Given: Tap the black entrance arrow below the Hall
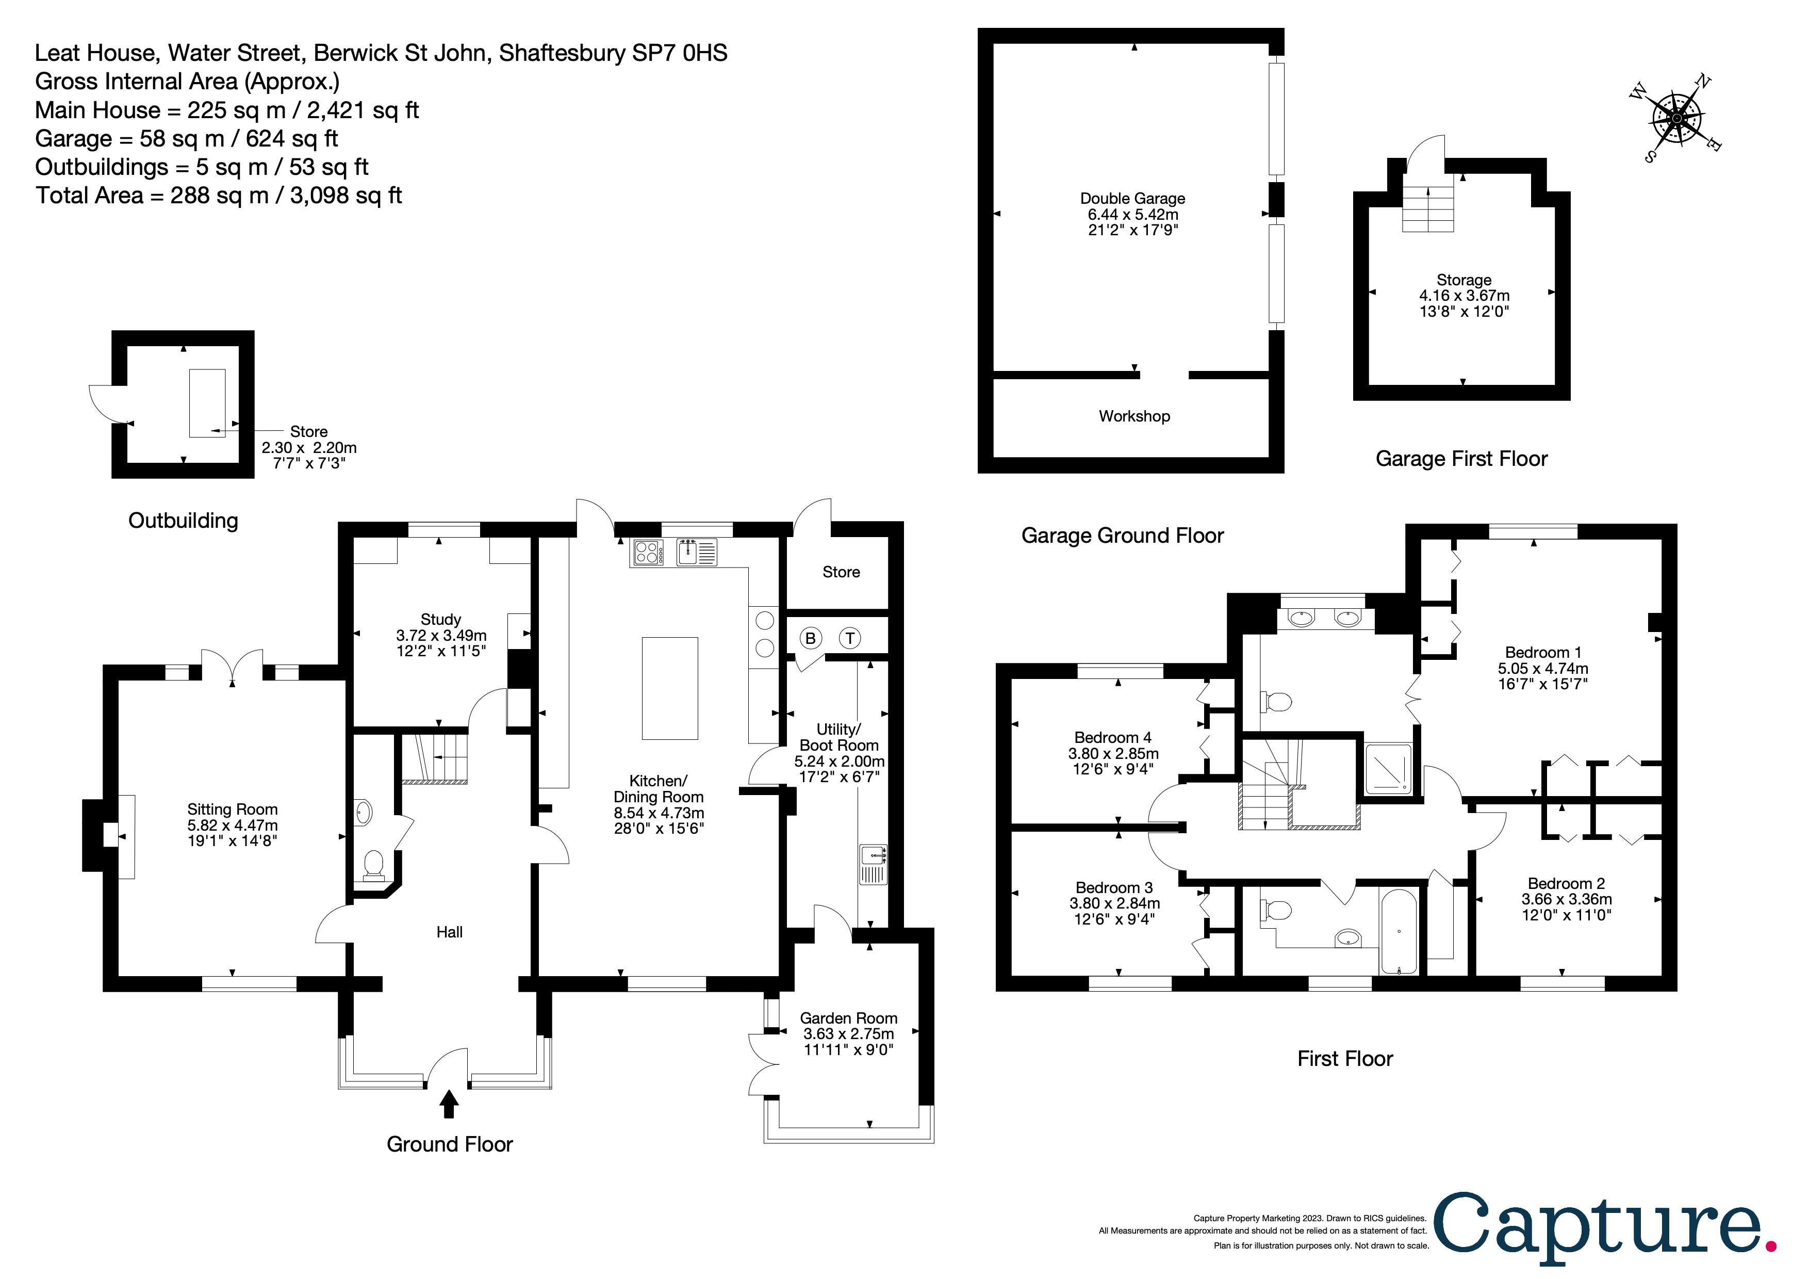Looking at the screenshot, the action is (x=449, y=1103).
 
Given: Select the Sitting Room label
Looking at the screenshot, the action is (x=233, y=810).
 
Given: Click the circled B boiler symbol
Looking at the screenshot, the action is (x=811, y=638).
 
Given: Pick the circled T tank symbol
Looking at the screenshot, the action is (x=849, y=638).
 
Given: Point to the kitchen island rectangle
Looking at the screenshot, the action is (x=670, y=688).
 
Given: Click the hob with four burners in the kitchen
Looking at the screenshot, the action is (x=647, y=552).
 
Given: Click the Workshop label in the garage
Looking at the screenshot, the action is (x=1134, y=416).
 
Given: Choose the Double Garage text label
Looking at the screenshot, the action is (x=1133, y=199).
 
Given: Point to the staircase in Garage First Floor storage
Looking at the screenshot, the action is (x=1428, y=209).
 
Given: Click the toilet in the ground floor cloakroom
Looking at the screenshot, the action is (x=373, y=865).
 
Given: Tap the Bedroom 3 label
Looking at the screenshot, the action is (x=1114, y=888).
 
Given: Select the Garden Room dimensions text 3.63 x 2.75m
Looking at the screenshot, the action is (x=849, y=1034).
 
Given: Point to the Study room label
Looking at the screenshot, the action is (x=440, y=620).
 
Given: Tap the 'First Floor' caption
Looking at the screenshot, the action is (x=1345, y=1058).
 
